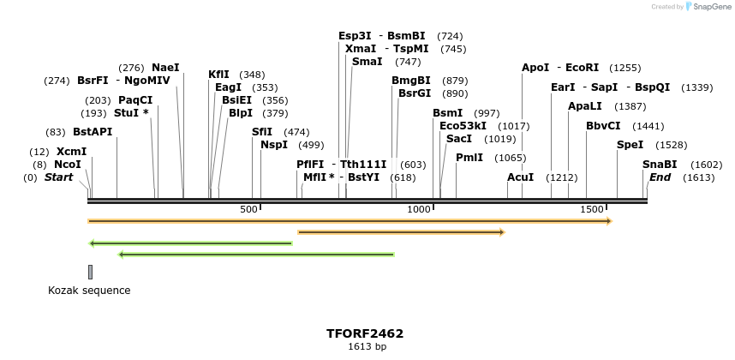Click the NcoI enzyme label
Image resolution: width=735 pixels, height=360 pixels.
(67, 165)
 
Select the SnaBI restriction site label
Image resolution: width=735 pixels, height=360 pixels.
(660, 165)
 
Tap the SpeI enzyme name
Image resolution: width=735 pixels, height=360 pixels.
(630, 145)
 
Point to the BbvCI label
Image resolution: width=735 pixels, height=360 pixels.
(603, 126)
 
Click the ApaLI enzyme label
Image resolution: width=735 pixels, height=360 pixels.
(584, 106)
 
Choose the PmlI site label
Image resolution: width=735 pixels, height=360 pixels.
(469, 158)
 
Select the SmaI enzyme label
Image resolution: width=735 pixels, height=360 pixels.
(367, 62)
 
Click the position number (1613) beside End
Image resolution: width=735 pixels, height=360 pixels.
(699, 177)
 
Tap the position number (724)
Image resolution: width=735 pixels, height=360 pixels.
(450, 36)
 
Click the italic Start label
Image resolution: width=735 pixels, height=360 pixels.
(58, 177)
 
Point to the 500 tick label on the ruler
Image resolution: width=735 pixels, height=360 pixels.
(249, 210)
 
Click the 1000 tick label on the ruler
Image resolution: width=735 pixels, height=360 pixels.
(420, 210)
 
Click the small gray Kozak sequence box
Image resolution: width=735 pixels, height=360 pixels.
(90, 272)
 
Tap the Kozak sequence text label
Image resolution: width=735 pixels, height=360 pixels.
(89, 291)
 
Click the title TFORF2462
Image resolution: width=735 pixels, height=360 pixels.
(365, 333)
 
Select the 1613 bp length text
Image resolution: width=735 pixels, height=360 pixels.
(367, 347)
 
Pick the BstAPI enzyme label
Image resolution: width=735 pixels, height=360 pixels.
(93, 132)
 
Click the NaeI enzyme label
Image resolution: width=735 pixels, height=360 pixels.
(165, 68)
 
